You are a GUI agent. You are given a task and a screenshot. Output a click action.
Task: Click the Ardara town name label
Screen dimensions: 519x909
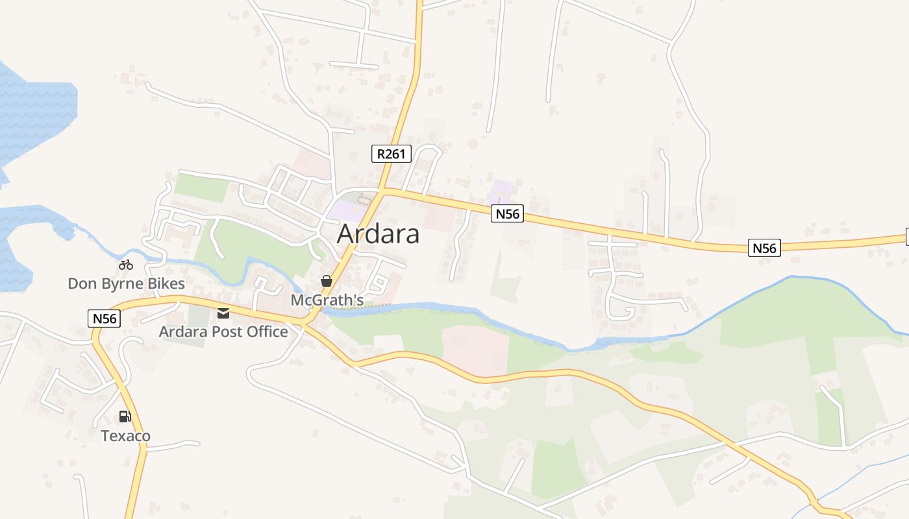[x=378, y=234]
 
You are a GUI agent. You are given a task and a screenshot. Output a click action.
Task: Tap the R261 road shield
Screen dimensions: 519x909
[x=392, y=154]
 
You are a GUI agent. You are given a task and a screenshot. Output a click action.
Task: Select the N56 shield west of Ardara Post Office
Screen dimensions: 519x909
[x=104, y=319]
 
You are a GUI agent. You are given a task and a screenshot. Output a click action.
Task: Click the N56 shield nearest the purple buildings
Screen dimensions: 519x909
[x=507, y=213]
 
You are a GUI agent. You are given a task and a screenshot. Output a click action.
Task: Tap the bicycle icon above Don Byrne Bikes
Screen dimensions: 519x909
[x=126, y=265]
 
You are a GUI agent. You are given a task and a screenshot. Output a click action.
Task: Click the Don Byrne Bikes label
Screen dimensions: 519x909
[x=126, y=284]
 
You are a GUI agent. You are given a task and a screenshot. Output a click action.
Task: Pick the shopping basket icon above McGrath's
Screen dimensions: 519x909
[x=326, y=281]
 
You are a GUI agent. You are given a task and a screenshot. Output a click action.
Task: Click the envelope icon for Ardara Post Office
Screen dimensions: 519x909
[x=223, y=313]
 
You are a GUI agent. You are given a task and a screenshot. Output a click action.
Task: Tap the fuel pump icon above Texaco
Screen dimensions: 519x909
[x=125, y=416]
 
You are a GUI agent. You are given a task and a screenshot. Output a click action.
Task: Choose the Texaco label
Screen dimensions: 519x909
[x=125, y=435]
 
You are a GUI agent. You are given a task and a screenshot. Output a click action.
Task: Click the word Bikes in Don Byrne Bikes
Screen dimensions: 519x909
[x=166, y=284]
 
